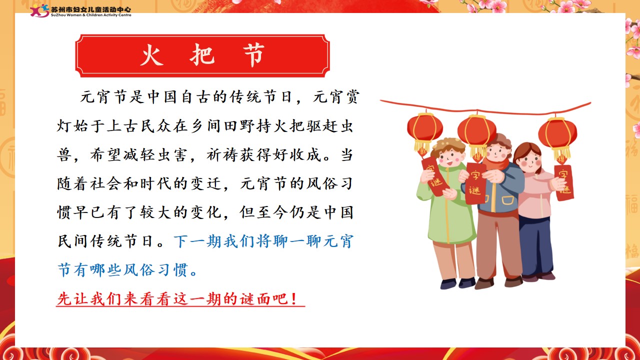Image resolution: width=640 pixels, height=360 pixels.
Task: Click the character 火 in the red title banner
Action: pos(151,55)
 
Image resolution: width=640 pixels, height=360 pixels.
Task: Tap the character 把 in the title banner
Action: pos(202,55)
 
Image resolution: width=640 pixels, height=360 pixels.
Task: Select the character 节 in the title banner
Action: pos(253,55)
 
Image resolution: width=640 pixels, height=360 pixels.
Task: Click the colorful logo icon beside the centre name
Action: pos(39,11)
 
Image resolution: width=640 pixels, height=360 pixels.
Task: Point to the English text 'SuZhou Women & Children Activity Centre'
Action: pos(91,15)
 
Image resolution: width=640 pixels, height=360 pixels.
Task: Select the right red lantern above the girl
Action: pos(557,137)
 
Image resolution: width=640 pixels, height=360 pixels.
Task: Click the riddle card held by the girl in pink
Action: pos(564,182)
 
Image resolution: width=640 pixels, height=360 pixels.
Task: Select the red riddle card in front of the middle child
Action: pos(475,183)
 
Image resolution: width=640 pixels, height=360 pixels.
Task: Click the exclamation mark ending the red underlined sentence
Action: pos(294,299)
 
